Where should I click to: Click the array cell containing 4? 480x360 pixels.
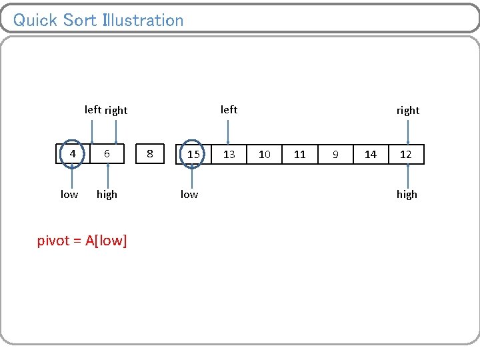tap(72, 154)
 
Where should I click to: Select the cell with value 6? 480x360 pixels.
tap(107, 154)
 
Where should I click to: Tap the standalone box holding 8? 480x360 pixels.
tap(150, 154)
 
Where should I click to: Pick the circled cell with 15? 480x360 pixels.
tap(193, 154)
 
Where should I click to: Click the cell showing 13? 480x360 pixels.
tap(229, 154)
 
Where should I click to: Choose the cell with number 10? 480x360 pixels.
tap(265, 154)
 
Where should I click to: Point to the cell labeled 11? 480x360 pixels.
tap(300, 154)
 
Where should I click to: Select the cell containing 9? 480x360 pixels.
tap(335, 154)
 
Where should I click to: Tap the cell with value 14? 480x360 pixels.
tap(371, 154)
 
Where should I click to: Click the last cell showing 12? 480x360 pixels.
tap(406, 154)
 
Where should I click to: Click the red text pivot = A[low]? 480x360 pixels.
tap(82, 241)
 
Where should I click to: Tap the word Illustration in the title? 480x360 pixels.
tap(143, 20)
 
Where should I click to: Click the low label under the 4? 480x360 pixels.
tap(69, 195)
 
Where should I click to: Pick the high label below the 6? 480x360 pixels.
tap(107, 195)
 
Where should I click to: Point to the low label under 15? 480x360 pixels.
tap(189, 195)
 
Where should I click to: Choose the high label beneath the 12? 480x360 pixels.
tap(407, 195)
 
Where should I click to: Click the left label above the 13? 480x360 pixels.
tap(229, 109)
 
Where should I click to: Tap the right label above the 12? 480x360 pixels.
tap(407, 111)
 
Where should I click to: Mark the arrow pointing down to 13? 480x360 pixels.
tap(229, 130)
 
